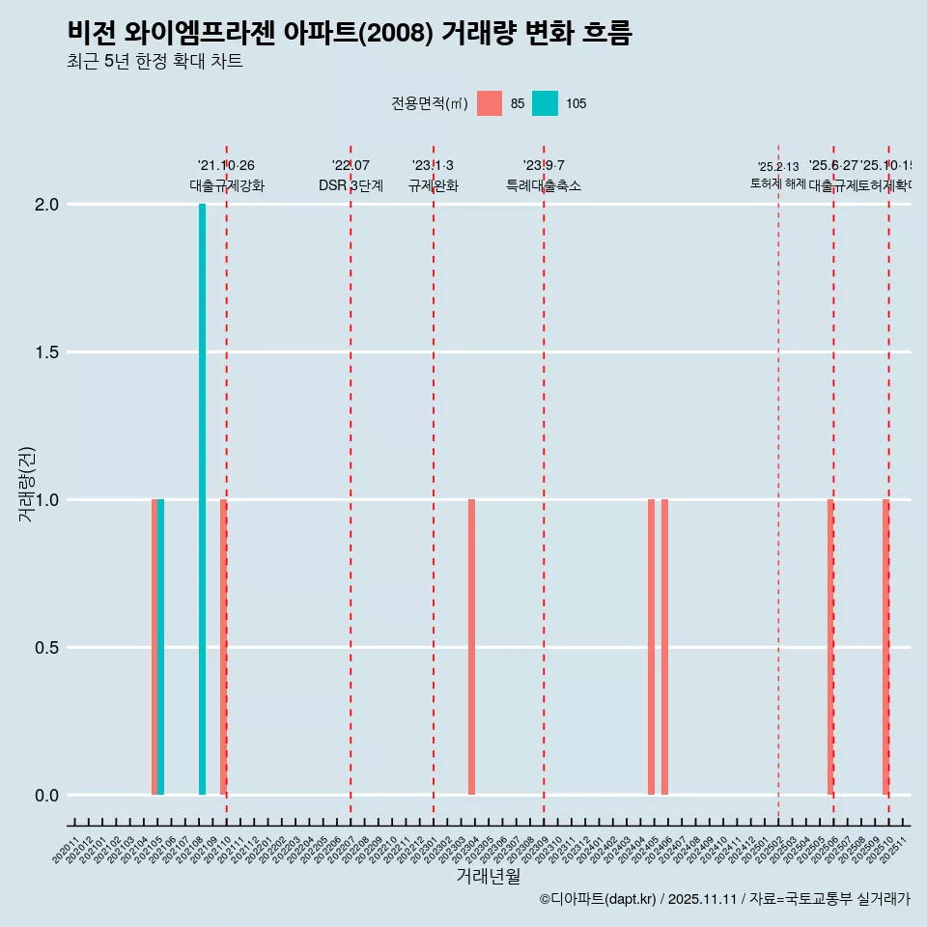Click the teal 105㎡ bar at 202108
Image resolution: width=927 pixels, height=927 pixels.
click(202, 499)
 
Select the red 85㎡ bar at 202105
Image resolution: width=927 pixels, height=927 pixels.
click(154, 647)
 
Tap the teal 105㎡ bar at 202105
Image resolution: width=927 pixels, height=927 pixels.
click(161, 647)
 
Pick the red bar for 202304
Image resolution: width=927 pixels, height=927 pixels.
click(471, 647)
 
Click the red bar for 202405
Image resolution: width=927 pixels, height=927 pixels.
click(651, 647)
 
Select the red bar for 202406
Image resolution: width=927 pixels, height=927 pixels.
click(664, 647)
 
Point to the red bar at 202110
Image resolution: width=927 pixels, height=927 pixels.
click(223, 647)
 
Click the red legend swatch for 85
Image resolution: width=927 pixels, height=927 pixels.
click(490, 103)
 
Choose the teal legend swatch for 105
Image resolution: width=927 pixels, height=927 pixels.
click(546, 103)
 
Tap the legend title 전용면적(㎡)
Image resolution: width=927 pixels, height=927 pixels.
click(430, 103)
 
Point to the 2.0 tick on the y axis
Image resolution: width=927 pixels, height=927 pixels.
click(47, 205)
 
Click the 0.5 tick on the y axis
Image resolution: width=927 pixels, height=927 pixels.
click(47, 648)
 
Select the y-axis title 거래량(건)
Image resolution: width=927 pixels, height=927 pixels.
click(27, 484)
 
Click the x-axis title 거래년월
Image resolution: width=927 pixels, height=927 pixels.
click(488, 877)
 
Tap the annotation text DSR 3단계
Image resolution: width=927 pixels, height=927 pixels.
click(351, 185)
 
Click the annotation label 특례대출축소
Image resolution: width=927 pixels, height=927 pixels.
click(544, 185)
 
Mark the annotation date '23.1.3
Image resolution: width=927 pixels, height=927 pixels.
click(433, 166)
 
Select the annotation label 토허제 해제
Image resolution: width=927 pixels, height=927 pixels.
click(777, 183)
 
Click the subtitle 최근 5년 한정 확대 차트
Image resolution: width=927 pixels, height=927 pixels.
click(154, 62)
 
